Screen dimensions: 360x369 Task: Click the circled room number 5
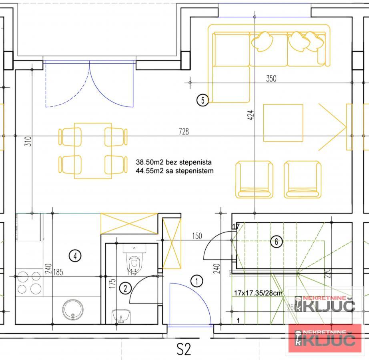pos(203,100)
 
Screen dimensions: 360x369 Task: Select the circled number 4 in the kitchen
pos(75,255)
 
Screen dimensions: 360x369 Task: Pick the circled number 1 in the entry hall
pos(197,281)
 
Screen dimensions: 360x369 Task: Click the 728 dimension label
pos(184,131)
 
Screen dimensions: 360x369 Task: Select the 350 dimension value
pos(271,79)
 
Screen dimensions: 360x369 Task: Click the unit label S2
pos(184,349)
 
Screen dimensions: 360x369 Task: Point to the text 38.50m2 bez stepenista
pos(174,163)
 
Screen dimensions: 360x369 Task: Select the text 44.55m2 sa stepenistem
pos(175,171)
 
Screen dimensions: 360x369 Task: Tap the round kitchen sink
pos(73,310)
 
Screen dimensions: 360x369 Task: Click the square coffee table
pos(283,123)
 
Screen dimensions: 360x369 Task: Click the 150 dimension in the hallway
pos(197,236)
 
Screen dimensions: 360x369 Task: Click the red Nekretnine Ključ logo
pos(325,338)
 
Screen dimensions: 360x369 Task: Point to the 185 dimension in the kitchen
pos(58,272)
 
